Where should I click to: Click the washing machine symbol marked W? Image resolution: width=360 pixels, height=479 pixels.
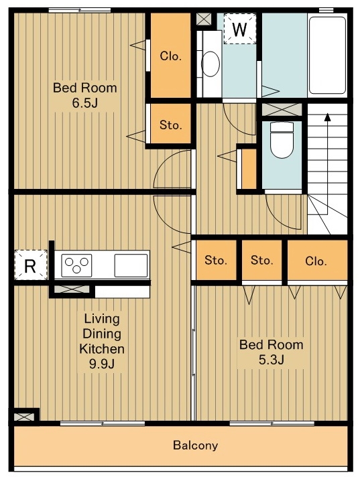[239, 29]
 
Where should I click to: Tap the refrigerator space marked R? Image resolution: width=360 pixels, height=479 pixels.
[31, 265]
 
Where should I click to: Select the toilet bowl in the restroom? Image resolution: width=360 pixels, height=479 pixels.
[282, 140]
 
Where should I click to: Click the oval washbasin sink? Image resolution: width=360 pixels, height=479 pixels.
[211, 64]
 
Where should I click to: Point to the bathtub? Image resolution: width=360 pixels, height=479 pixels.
[327, 55]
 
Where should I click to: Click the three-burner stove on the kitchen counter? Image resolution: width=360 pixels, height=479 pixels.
[76, 265]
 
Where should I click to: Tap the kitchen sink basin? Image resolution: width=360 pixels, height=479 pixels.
[131, 265]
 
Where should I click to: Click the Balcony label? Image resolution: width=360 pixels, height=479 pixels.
[196, 446]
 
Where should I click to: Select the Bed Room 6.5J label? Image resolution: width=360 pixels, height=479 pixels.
[85, 95]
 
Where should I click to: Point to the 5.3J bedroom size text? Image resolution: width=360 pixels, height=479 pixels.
[272, 360]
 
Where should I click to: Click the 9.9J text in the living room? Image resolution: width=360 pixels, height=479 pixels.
[102, 364]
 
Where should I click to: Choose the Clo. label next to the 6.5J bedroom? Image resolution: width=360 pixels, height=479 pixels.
[171, 56]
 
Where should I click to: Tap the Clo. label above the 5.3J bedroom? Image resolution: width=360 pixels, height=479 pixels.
[316, 261]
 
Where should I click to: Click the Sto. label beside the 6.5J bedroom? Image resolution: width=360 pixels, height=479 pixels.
[171, 125]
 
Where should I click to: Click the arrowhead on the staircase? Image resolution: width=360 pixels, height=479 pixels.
[328, 117]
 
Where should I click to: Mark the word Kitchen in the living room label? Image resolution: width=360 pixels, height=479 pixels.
[102, 348]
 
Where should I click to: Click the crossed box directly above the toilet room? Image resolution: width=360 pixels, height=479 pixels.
[282, 110]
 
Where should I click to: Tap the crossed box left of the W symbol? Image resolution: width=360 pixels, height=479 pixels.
[204, 19]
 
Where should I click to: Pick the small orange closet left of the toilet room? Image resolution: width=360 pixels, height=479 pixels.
[249, 169]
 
